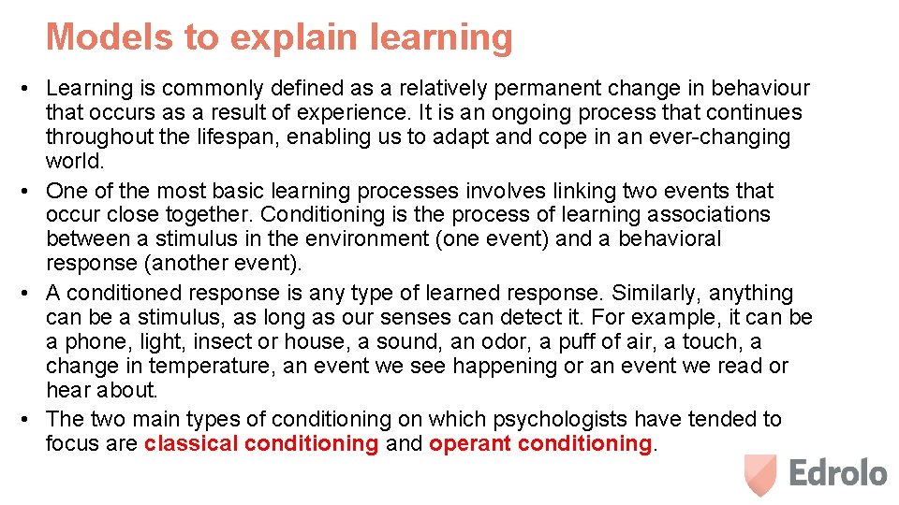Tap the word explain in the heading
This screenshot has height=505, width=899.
(x=287, y=37)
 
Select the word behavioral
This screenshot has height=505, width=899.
(x=670, y=239)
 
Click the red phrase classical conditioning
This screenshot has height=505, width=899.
(x=261, y=443)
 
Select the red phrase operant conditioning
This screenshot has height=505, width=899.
(x=539, y=443)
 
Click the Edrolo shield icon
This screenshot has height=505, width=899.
(x=760, y=474)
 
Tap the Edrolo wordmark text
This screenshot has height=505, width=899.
(x=837, y=473)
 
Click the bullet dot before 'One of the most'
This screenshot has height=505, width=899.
(x=28, y=192)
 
